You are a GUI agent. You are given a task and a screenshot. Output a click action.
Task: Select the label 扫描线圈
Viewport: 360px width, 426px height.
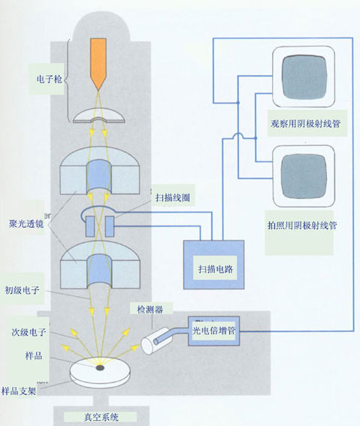tap(173, 198)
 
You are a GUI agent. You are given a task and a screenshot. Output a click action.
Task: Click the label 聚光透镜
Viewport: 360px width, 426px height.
tap(26, 224)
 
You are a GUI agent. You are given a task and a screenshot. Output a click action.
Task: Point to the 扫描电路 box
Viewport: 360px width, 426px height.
tap(214, 264)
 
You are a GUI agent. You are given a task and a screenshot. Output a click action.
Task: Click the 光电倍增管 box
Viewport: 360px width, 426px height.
tap(214, 331)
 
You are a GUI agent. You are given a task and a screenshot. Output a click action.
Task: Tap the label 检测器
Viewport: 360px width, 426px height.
tap(150, 310)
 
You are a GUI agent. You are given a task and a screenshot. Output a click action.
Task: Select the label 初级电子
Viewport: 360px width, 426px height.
tap(22, 291)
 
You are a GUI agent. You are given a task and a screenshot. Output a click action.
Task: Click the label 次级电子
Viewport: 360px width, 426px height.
tap(29, 332)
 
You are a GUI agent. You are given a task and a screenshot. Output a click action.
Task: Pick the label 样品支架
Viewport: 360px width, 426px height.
tap(19, 391)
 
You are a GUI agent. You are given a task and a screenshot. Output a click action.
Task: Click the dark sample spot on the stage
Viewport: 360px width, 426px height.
tap(100, 368)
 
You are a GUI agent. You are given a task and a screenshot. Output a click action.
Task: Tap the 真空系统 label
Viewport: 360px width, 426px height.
tap(101, 417)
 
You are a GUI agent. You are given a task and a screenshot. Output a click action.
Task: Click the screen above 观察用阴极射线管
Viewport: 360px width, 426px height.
tap(304, 77)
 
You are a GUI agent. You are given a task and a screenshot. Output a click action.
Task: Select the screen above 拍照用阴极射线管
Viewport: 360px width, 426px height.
tap(304, 177)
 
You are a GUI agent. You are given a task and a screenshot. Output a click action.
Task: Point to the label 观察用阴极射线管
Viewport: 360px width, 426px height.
tap(306, 124)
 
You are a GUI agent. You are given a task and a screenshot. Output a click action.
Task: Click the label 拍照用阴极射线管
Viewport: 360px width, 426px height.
tap(302, 225)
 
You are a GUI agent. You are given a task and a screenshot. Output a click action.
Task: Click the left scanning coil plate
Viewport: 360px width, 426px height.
tap(90, 226)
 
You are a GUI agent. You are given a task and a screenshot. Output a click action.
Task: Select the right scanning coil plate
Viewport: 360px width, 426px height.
tap(110, 226)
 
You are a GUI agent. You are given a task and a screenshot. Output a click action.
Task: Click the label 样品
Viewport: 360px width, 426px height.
tap(34, 355)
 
